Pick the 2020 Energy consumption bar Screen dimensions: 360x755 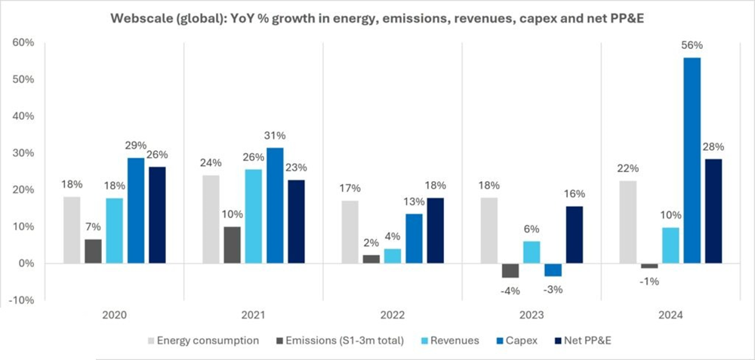72,230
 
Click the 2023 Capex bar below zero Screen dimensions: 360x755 553,269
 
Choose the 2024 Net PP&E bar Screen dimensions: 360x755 713,211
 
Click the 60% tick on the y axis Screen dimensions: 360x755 23,43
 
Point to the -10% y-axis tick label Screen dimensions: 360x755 21,300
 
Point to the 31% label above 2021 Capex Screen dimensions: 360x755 276,135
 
